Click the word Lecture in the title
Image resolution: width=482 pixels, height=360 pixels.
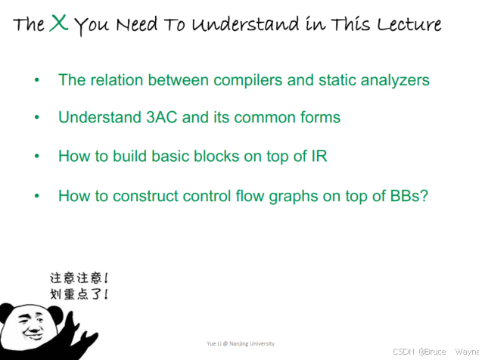pos(409,24)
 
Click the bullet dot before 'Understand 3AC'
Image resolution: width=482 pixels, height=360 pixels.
pos(36,118)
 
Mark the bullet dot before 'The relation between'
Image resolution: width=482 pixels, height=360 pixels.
pos(36,80)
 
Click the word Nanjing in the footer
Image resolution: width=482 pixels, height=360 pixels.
pos(238,343)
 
